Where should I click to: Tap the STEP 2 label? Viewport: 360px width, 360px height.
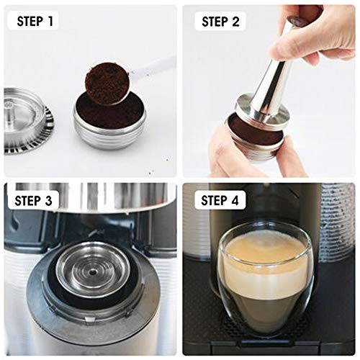[220, 21]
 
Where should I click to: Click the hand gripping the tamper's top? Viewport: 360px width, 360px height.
[317, 32]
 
